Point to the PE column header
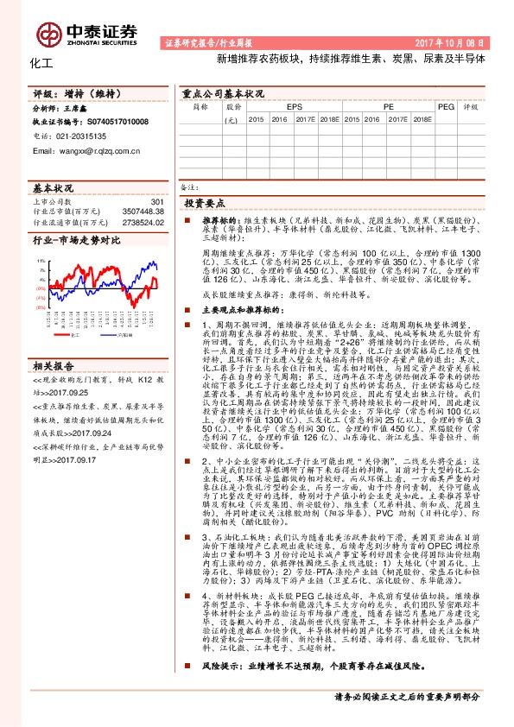[389, 107]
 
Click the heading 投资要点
[203, 203]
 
